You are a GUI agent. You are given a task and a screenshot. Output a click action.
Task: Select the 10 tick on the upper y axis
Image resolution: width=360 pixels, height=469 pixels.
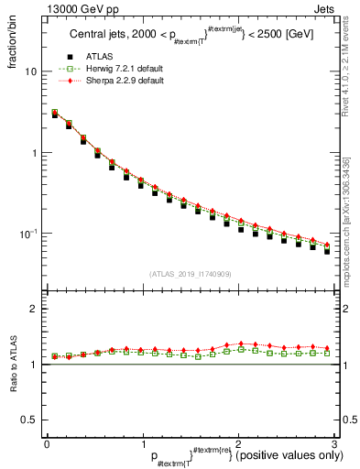click(29, 71)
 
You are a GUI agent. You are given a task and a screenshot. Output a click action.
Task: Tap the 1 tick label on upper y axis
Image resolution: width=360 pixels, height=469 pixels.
click(33, 153)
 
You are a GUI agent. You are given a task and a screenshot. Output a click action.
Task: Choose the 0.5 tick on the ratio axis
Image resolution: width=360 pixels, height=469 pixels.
click(27, 420)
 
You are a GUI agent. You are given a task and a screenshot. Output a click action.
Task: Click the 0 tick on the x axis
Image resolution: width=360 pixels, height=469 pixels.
click(47, 444)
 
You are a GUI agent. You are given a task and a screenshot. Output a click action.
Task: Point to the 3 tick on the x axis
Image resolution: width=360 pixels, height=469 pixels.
click(334, 444)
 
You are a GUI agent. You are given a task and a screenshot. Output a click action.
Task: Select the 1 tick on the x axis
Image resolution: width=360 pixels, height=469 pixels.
click(142, 444)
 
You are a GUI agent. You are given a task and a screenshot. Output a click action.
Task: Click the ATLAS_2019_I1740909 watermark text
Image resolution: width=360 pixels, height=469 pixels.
click(190, 273)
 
